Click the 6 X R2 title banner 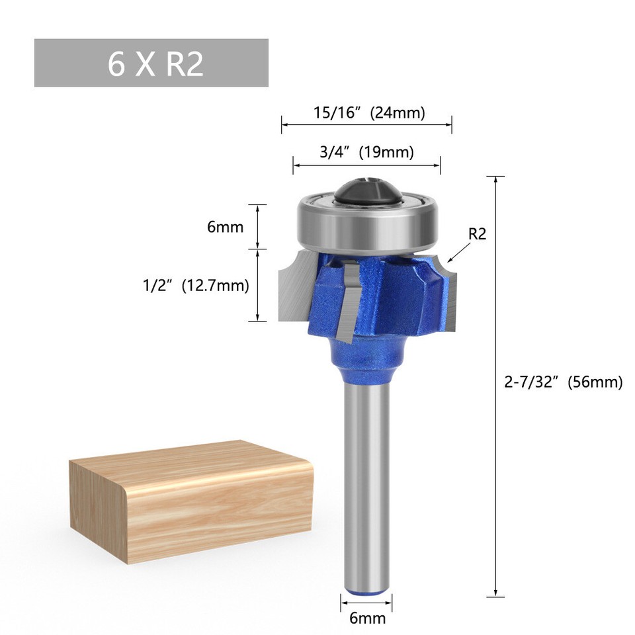pyautogui.click(x=151, y=63)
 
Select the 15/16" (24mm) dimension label pyautogui.click(x=368, y=113)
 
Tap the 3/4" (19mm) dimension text pyautogui.click(x=366, y=152)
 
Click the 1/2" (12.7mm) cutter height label pyautogui.click(x=196, y=286)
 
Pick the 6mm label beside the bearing pyautogui.click(x=225, y=227)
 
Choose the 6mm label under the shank pyautogui.click(x=366, y=618)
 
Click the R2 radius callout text pyautogui.click(x=477, y=233)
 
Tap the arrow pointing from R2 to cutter pyautogui.click(x=459, y=253)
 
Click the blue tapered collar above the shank pyautogui.click(x=366, y=357)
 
